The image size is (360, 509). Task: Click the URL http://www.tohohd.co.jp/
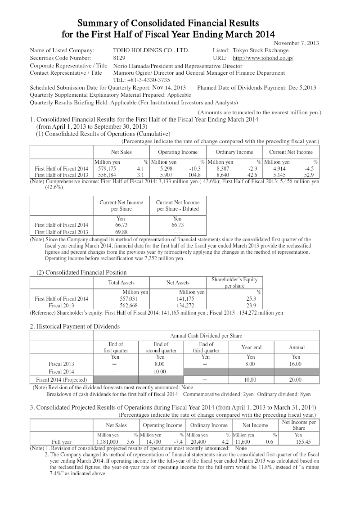263,58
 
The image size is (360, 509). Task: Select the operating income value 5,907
161,175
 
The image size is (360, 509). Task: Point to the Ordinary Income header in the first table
234,152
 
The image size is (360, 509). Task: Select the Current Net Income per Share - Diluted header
178,206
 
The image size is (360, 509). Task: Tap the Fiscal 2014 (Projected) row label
61,379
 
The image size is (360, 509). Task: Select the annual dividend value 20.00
295,379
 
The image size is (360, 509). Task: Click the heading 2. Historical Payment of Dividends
75,326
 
